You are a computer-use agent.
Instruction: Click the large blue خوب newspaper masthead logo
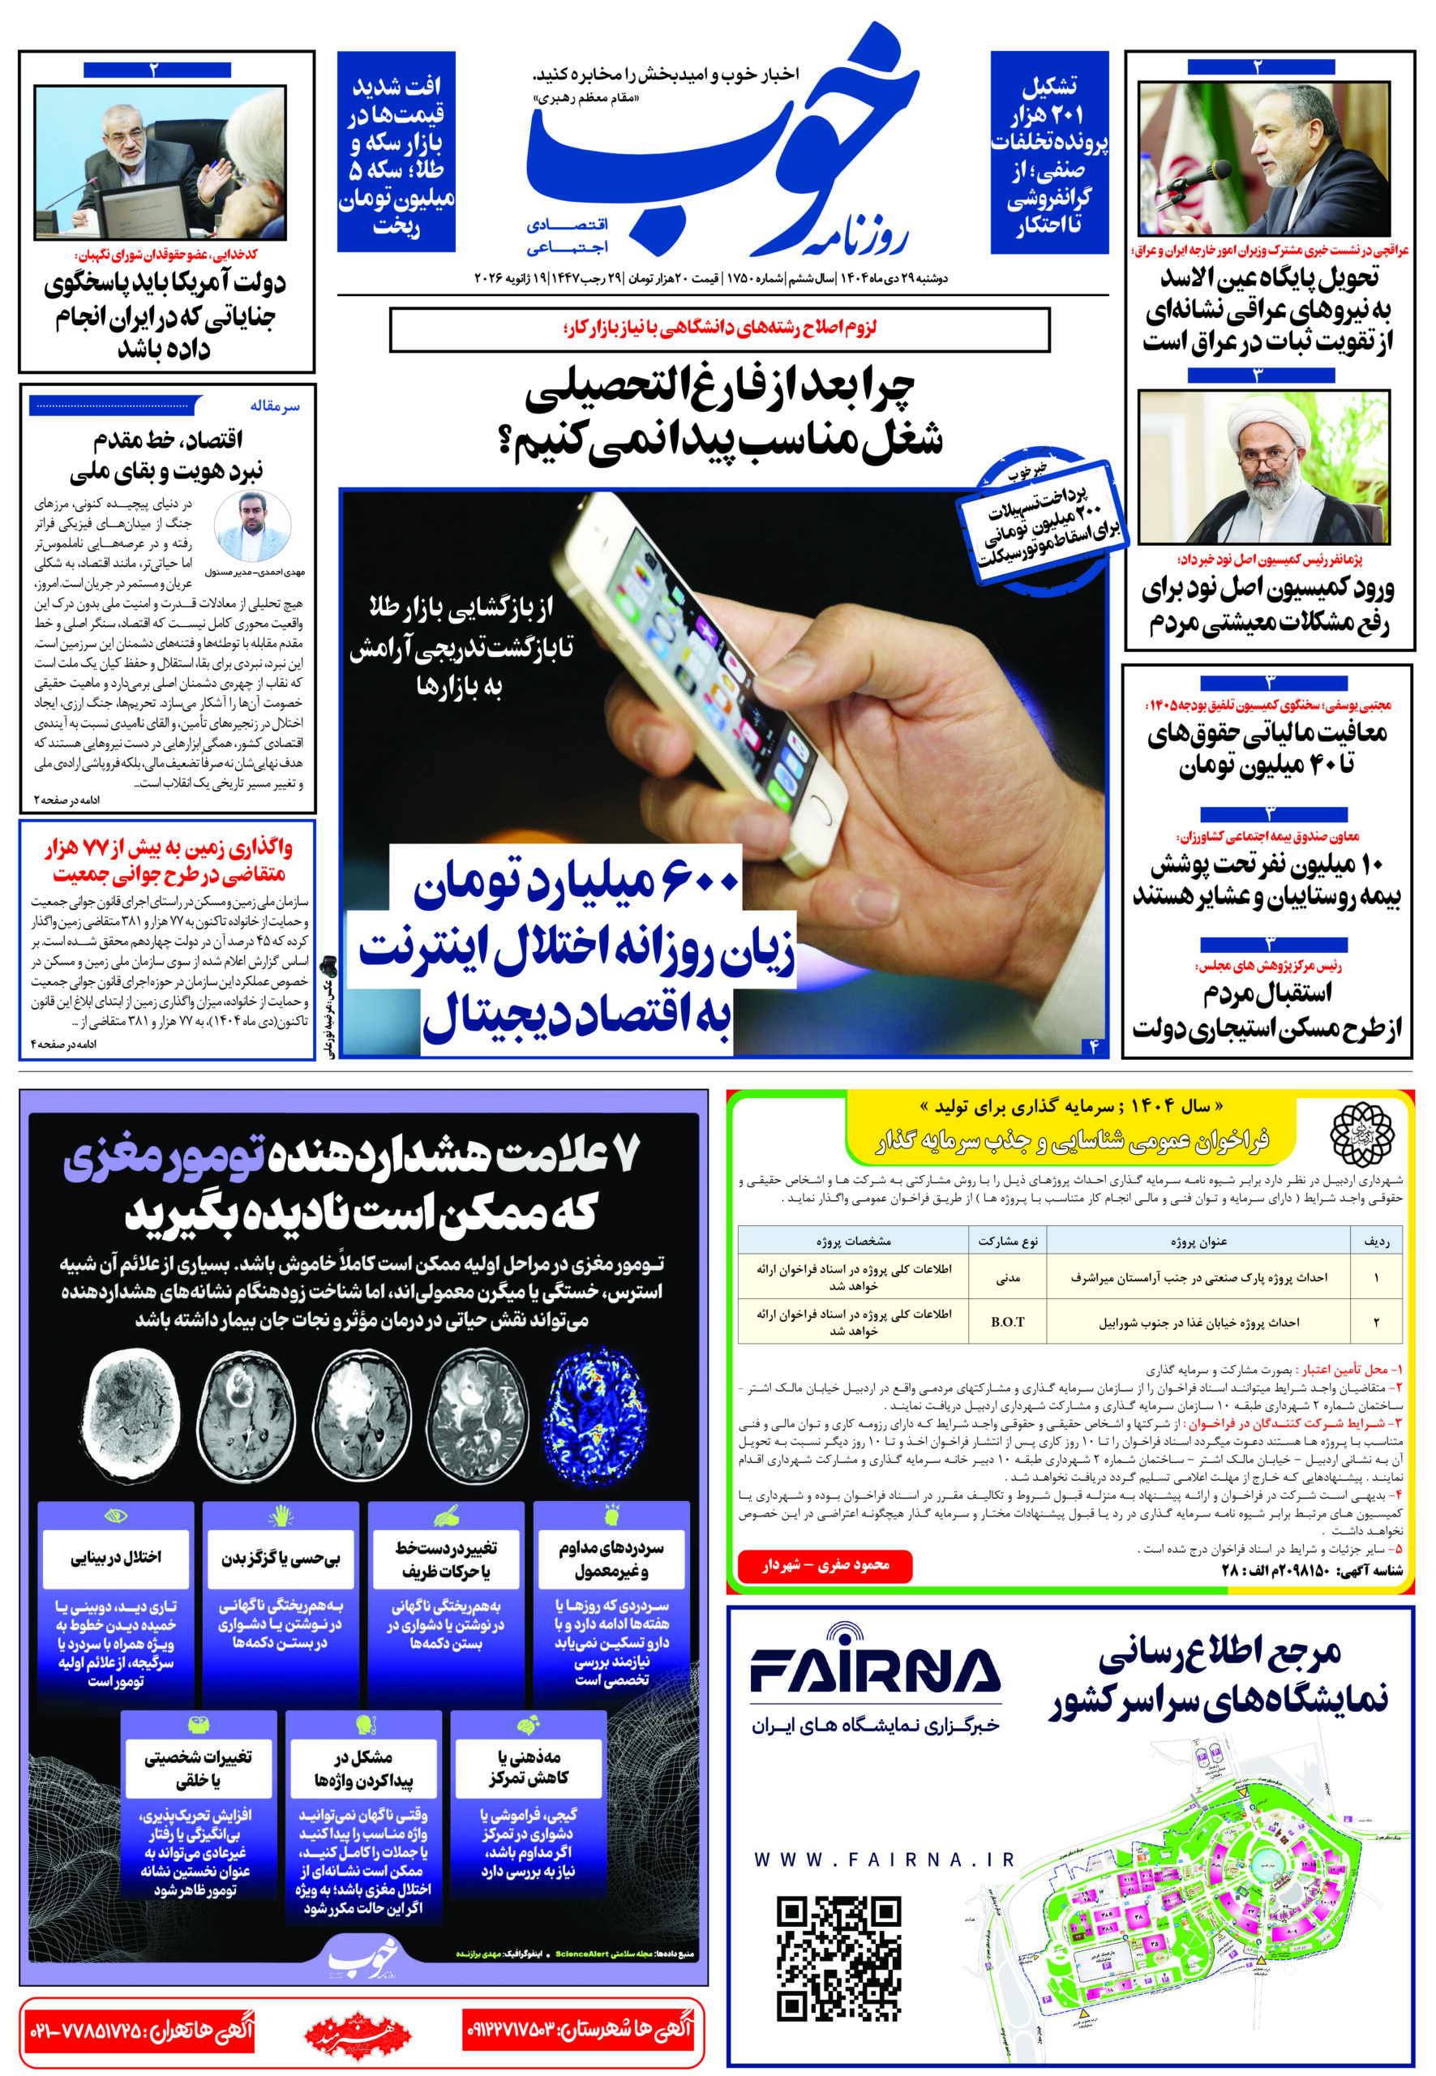[x=720, y=148]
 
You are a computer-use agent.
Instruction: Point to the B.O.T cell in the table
[x=1007, y=1322]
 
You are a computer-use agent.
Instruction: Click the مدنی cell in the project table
[x=1008, y=1277]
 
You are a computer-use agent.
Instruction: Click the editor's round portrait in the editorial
[x=253, y=528]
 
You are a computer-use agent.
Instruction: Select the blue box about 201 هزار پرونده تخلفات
[x=1048, y=153]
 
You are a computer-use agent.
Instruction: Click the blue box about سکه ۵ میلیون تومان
[x=396, y=153]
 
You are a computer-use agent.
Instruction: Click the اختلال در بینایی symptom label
[x=115, y=1557]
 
